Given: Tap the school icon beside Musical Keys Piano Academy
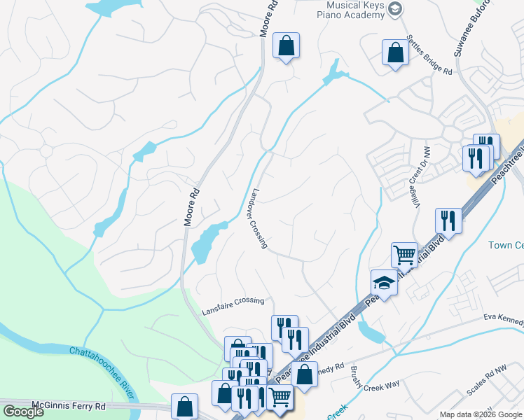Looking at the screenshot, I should point(395,9).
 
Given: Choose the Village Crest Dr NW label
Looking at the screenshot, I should point(420,178).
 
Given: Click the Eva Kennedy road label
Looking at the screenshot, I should point(504,319).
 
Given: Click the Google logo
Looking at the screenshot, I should point(23,411).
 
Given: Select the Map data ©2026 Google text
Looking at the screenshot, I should point(481,414).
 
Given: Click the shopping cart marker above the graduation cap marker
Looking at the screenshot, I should point(404,255).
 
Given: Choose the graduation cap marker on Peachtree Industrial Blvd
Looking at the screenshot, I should point(383,283).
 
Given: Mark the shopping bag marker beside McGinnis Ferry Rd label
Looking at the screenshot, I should point(185,406).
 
